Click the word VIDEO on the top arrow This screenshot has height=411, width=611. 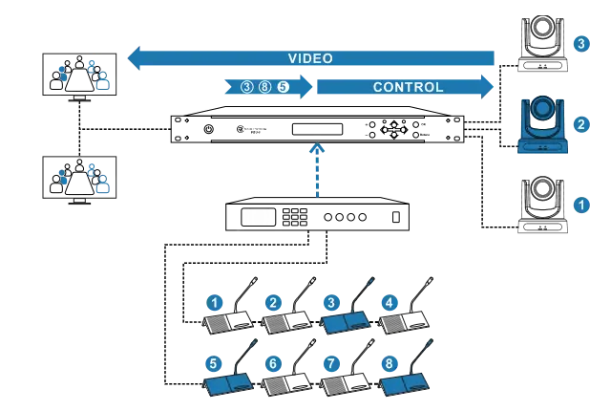click(x=310, y=58)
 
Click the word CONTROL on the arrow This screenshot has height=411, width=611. click(x=408, y=87)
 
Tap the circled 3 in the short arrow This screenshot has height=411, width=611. click(x=247, y=87)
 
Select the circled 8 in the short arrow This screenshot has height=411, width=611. click(x=264, y=87)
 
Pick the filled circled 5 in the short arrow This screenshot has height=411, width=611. click(x=283, y=87)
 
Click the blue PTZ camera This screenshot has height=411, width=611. click(x=542, y=124)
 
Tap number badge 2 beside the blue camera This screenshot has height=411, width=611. click(x=580, y=124)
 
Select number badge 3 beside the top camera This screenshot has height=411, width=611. click(x=580, y=43)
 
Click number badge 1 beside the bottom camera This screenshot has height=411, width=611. click(x=580, y=205)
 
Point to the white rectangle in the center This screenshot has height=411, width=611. click(x=258, y=217)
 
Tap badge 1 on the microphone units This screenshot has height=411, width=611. click(x=215, y=303)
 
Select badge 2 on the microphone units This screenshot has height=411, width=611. click(x=273, y=303)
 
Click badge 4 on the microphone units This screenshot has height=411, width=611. click(x=389, y=303)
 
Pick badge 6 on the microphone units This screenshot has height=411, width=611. click(x=273, y=363)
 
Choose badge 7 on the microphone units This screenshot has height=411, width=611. click(x=331, y=363)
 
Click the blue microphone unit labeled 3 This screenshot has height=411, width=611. click(x=346, y=319)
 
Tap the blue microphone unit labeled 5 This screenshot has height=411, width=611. click(x=229, y=381)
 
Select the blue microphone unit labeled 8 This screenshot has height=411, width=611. click(x=405, y=381)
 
